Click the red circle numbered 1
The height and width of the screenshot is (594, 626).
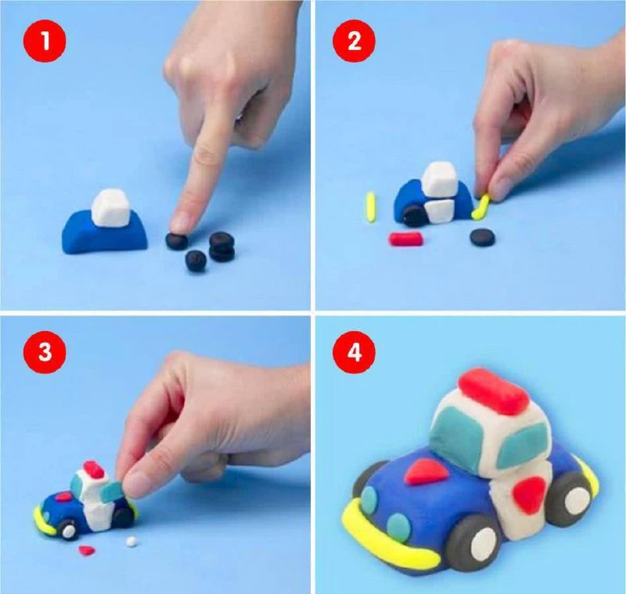pos(45,41)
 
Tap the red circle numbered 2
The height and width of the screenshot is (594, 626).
pos(354,41)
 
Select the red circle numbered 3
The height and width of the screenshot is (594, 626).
pos(45,352)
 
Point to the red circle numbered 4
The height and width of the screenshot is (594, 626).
pos(354,352)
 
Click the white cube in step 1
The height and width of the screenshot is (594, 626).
pos(111,208)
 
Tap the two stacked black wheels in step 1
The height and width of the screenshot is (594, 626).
pos(222,247)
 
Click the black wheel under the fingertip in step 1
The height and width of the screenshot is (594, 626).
pos(177,241)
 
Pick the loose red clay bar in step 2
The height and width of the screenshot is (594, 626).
pos(405,239)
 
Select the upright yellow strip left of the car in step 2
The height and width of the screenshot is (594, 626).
pos(371,207)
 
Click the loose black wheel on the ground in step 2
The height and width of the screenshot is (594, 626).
pos(483,236)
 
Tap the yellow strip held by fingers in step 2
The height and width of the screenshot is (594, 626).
pos(481,207)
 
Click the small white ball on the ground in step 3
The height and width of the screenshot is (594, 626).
pos(130,542)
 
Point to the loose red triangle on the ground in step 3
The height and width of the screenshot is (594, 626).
pos(87,550)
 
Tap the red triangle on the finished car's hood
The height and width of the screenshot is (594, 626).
pos(426,471)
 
